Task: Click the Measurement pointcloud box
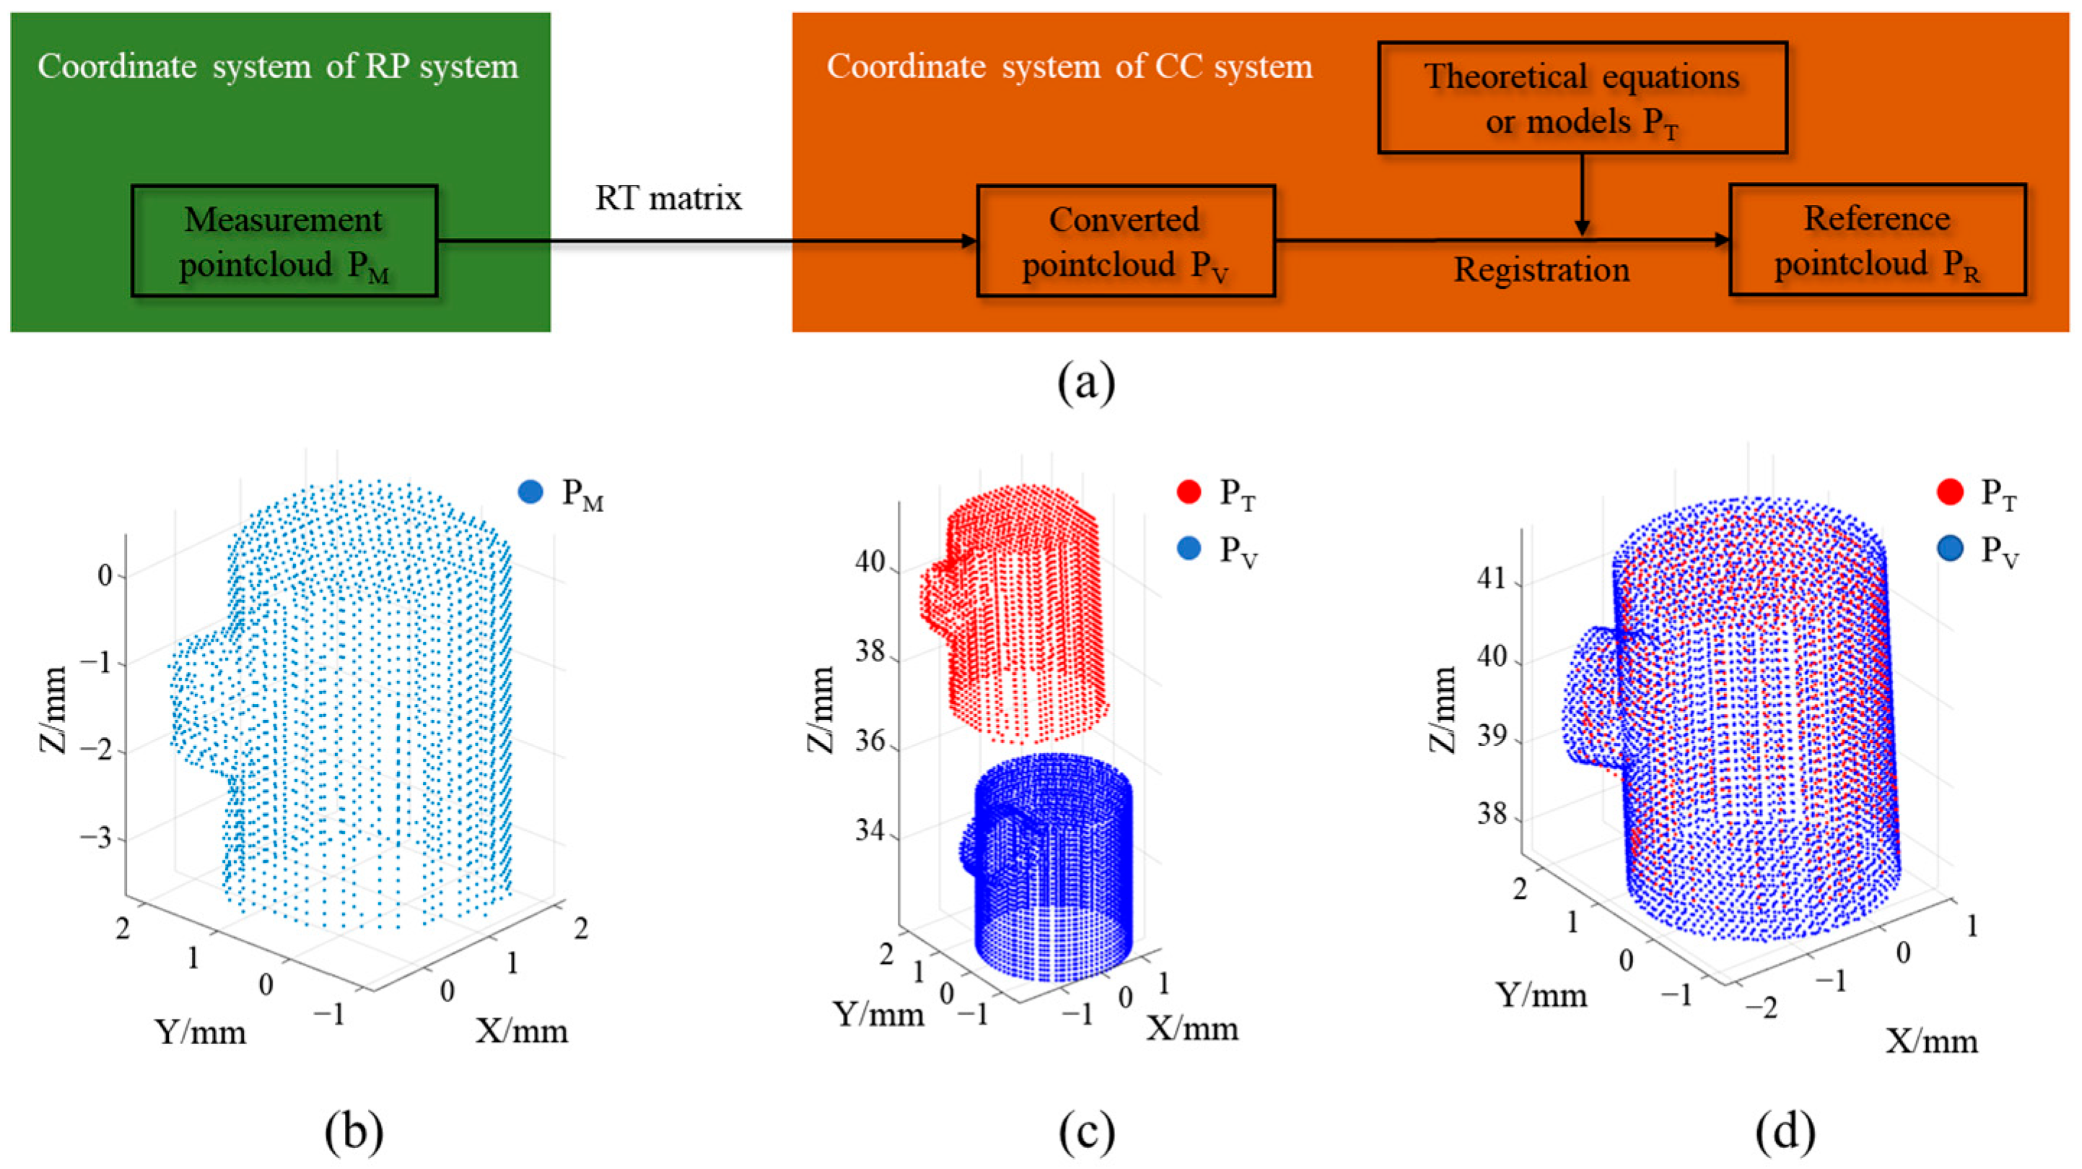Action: pyautogui.click(x=284, y=241)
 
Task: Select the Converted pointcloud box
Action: pyautogui.click(x=1125, y=241)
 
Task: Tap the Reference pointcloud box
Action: pyautogui.click(x=1877, y=240)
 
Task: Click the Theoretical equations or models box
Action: pyautogui.click(x=1582, y=97)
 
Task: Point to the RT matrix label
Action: pyautogui.click(x=668, y=198)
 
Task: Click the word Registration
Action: pyautogui.click(x=1541, y=270)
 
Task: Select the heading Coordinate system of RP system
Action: pyautogui.click(x=277, y=66)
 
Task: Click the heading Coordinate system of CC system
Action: pyautogui.click(x=1069, y=66)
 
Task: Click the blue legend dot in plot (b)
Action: pyautogui.click(x=530, y=492)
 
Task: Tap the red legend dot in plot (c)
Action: pyautogui.click(x=1189, y=492)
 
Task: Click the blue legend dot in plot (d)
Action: pyautogui.click(x=1949, y=549)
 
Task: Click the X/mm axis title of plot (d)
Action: pyautogui.click(x=1932, y=1042)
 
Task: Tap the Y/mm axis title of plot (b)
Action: pyautogui.click(x=201, y=1033)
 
